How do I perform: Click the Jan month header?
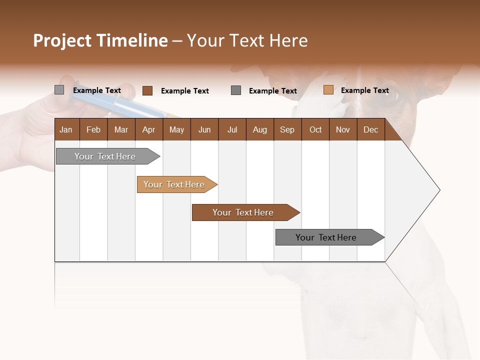coord(66,129)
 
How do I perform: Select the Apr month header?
coord(148,129)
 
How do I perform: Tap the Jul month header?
coord(232,129)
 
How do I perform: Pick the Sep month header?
coord(287,129)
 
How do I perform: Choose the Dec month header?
coord(370,129)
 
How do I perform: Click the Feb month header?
coord(93,129)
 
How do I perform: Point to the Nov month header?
coord(342,129)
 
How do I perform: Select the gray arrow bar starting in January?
coord(105,156)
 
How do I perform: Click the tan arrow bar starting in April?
coord(174,184)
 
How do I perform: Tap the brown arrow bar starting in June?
coord(243,212)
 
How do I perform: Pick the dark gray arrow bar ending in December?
coord(326,237)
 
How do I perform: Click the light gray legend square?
coord(59,90)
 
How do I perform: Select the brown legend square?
coord(147,90)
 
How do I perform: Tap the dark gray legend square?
coord(236,90)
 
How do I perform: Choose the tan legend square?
coord(328,90)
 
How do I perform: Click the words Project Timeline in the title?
coord(100,40)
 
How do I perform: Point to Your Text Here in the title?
coord(247,40)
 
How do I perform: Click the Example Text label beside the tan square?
coord(364,90)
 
